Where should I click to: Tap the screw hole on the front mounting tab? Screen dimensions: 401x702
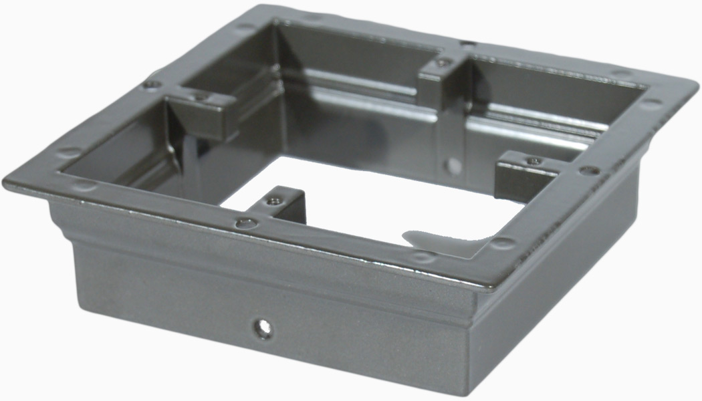pos(272,200)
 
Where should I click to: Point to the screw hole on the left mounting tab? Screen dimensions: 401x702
pos(201,98)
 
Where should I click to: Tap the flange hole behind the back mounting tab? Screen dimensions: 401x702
pos(468,43)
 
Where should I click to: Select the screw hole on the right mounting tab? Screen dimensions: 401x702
pos(533,160)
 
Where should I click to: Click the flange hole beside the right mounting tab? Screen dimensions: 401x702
pos(588,171)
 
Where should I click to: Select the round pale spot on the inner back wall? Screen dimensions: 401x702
pos(454,164)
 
